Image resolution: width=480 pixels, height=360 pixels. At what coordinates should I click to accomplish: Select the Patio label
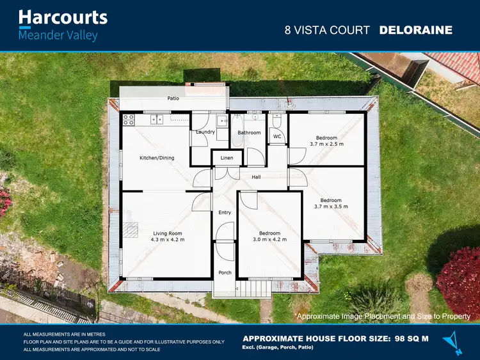coord(173,98)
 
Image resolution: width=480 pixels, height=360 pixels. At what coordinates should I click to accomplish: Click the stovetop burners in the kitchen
coord(128,118)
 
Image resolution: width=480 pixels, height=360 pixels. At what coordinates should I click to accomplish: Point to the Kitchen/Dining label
coord(157,158)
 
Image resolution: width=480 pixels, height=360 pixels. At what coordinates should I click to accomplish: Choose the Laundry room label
coord(205,132)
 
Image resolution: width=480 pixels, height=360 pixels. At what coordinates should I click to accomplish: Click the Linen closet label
coord(227,158)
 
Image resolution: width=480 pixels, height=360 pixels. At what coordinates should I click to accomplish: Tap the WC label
coord(277,136)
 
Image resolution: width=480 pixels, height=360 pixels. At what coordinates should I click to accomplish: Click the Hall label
coord(256,177)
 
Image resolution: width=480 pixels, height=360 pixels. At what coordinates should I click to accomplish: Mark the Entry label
coord(225,212)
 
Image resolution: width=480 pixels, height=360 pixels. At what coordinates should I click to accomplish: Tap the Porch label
coord(225,272)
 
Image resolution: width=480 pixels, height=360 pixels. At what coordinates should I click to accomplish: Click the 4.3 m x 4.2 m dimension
coord(168,240)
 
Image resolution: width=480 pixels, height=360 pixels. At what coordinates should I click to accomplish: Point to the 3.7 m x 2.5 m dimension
coord(326,144)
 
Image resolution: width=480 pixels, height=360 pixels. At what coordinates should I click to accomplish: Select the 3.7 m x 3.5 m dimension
coord(331,207)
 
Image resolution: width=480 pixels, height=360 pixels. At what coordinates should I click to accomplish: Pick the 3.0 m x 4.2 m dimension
coord(269,240)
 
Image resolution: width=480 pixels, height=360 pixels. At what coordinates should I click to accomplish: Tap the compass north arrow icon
coord(456,341)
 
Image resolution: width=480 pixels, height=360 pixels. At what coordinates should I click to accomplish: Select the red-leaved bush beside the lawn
coord(459,278)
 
